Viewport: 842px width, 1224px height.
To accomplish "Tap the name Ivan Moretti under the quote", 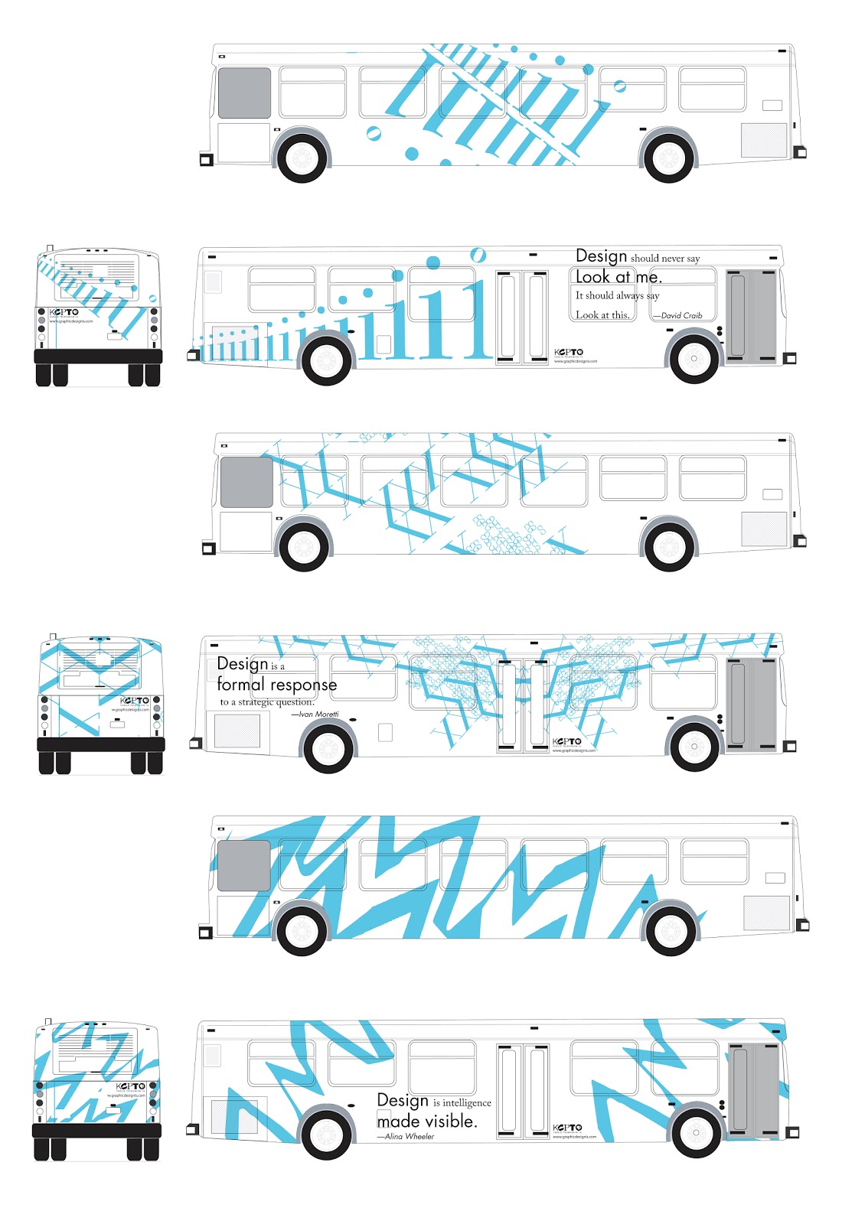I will (x=318, y=714).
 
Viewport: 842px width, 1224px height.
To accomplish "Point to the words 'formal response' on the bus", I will (x=276, y=684).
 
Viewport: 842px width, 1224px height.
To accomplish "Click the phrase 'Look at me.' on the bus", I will (x=618, y=277).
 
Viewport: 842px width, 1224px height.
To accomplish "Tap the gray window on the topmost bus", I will (x=244, y=93).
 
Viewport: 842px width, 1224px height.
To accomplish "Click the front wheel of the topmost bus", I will (x=303, y=158).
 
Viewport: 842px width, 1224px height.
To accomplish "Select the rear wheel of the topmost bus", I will (x=668, y=158).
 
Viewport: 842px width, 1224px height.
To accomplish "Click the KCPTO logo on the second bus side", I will (x=569, y=353).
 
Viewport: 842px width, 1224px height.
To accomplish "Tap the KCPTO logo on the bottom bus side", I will (x=567, y=1128).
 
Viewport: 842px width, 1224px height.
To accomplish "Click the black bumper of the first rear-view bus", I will (x=98, y=356).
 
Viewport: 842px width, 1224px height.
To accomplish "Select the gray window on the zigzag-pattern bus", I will (x=244, y=865).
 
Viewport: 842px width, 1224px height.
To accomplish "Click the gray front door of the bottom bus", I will (x=753, y=1090).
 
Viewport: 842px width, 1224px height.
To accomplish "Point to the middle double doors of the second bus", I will (x=522, y=317).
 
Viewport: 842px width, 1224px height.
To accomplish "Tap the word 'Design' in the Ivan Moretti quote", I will (x=242, y=663).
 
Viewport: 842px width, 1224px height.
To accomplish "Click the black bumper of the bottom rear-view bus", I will (x=96, y=1131).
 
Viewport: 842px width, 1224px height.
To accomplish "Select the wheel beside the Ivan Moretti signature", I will (x=328, y=747).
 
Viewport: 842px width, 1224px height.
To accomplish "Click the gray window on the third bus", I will (x=246, y=482).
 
